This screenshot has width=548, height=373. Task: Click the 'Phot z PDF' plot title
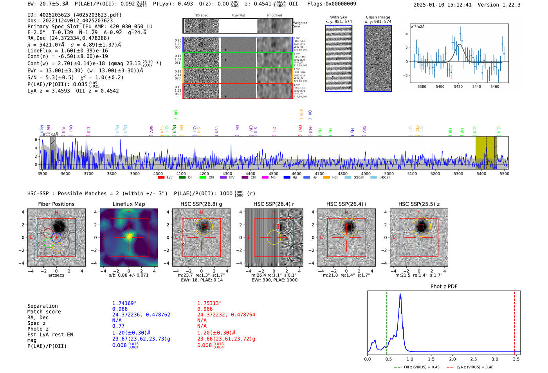(x=444, y=287)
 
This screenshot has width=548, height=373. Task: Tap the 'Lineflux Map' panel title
(x=129, y=204)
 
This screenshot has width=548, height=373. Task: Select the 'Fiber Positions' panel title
(x=56, y=204)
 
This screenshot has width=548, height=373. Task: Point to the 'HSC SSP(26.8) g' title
(x=201, y=204)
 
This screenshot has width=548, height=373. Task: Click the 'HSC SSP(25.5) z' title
(x=419, y=204)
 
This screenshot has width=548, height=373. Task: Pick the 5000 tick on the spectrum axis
(x=389, y=174)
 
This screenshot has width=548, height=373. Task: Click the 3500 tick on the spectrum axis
(x=42, y=174)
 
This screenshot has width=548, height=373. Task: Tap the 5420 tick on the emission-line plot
(x=458, y=86)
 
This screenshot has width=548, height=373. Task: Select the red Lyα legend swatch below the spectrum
(x=161, y=178)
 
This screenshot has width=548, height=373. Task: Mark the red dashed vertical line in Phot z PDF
(x=515, y=321)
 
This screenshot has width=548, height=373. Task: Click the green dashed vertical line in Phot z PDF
(x=387, y=321)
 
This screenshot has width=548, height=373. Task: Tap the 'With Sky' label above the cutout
(x=339, y=17)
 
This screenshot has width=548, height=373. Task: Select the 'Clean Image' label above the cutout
(x=378, y=17)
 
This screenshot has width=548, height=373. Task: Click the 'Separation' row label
(x=43, y=306)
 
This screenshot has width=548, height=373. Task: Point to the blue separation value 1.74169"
(x=124, y=303)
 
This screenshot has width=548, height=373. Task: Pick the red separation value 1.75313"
(x=209, y=303)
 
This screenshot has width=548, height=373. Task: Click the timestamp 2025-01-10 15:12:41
(x=443, y=5)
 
